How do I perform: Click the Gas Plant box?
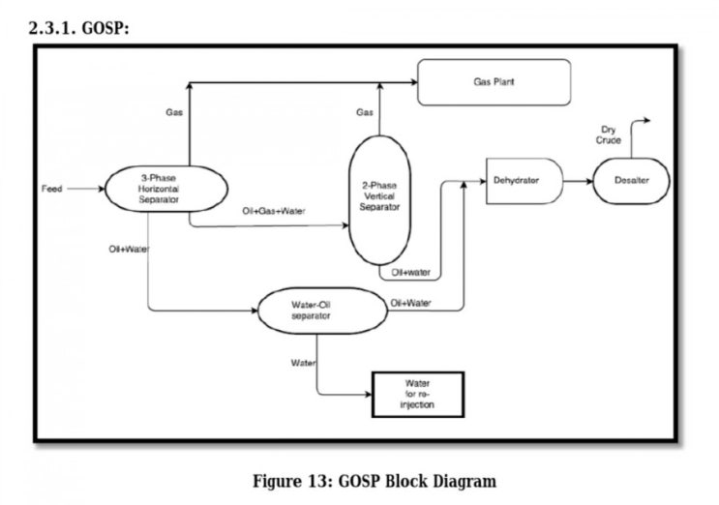click(x=494, y=82)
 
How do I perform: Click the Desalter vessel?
click(x=631, y=181)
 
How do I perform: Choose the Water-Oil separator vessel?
click(x=312, y=310)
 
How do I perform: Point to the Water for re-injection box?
click(x=418, y=394)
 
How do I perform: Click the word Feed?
click(x=52, y=189)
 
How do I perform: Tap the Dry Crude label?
click(x=609, y=134)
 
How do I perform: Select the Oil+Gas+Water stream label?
click(x=274, y=211)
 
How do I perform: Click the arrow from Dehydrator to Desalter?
click(x=578, y=181)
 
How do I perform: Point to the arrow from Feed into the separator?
click(x=86, y=189)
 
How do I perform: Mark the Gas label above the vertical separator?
click(x=365, y=112)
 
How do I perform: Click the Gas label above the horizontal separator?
click(x=174, y=112)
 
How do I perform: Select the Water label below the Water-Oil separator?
click(x=303, y=363)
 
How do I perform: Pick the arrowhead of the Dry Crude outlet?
click(x=647, y=122)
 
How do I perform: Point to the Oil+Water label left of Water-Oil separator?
click(x=129, y=249)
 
